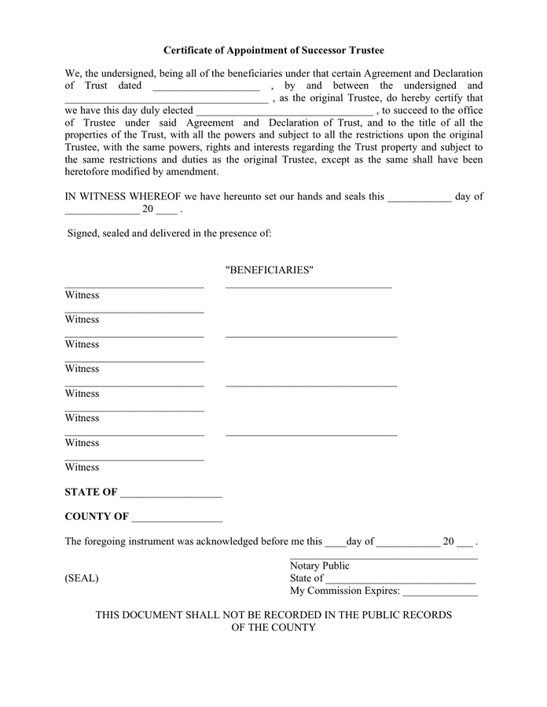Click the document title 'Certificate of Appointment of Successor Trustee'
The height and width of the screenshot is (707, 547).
(x=273, y=50)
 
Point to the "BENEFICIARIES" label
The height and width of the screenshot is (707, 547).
(x=270, y=270)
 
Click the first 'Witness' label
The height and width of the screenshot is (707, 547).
(x=82, y=295)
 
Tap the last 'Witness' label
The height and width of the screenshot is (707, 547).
(x=82, y=467)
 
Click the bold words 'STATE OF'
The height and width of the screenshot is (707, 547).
(x=91, y=493)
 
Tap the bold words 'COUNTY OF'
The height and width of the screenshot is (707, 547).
(x=97, y=517)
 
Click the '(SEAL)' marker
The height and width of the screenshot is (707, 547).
(x=82, y=578)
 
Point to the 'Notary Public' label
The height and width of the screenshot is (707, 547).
(x=320, y=566)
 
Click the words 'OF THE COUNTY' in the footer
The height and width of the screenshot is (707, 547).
(x=273, y=628)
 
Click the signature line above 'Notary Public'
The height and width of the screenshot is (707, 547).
(x=384, y=557)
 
